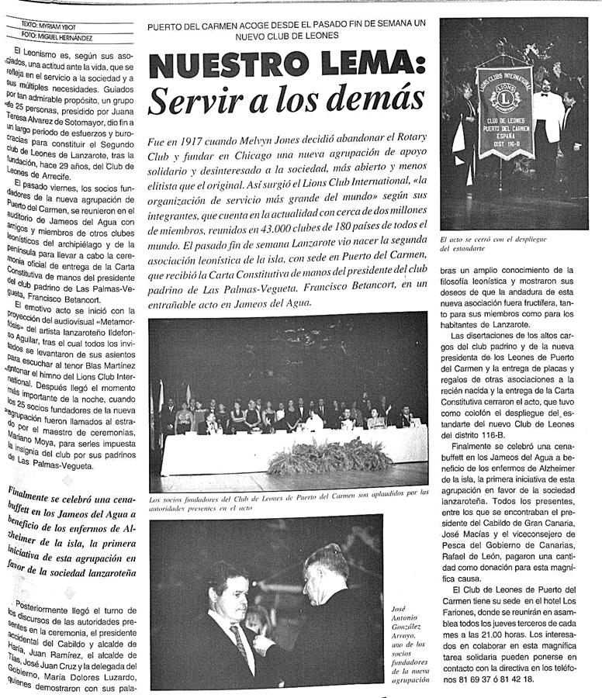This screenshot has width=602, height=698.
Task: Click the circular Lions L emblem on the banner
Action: coord(505,100)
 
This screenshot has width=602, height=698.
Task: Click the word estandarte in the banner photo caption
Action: coord(469,251)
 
